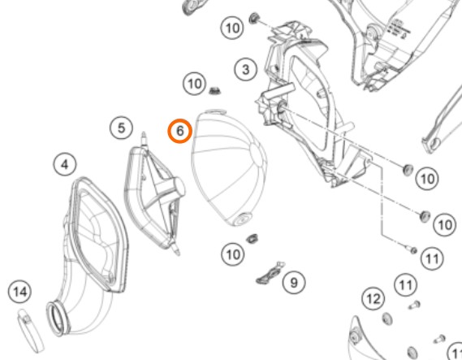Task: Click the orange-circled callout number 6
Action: tap(180, 131)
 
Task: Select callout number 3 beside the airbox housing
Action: tap(246, 70)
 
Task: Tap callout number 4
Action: tap(65, 164)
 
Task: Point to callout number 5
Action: tap(122, 128)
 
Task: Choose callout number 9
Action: tap(294, 283)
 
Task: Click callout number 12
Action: tap(373, 299)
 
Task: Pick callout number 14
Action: tap(20, 292)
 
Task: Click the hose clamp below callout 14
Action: tap(30, 330)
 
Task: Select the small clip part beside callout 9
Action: tap(270, 274)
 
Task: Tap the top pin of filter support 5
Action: tap(144, 139)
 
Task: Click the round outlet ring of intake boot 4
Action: tap(58, 319)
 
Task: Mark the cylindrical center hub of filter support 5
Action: tap(179, 188)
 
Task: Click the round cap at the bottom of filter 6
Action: tap(242, 219)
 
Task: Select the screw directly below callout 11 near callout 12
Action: tap(415, 305)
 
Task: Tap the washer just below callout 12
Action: tap(386, 319)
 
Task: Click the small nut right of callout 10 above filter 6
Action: tap(215, 90)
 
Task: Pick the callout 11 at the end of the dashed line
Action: tap(432, 258)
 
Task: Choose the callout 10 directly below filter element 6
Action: tap(233, 254)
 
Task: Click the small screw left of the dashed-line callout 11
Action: tap(412, 250)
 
